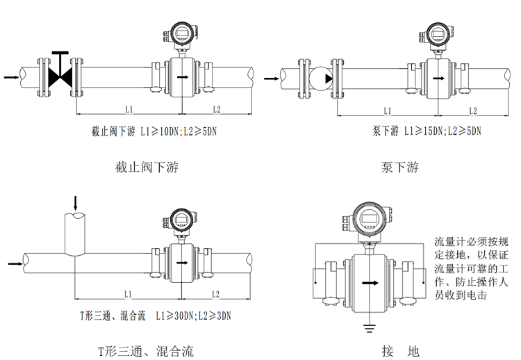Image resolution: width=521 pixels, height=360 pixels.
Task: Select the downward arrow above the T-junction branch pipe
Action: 76,202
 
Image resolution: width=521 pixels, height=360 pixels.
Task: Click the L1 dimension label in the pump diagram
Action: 388,111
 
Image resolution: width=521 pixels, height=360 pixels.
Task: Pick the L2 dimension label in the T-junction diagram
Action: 215,293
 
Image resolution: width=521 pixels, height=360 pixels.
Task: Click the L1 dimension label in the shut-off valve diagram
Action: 129,109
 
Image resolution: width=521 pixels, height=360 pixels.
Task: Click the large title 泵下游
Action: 399,167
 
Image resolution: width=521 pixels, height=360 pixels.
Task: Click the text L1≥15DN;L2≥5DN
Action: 443,131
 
